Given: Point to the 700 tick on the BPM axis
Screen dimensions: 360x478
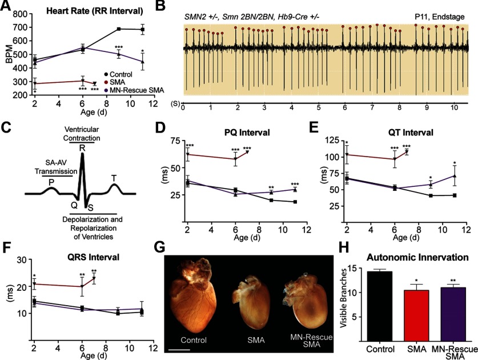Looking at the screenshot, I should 21,28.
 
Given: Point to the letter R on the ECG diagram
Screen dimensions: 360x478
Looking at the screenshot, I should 82,147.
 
